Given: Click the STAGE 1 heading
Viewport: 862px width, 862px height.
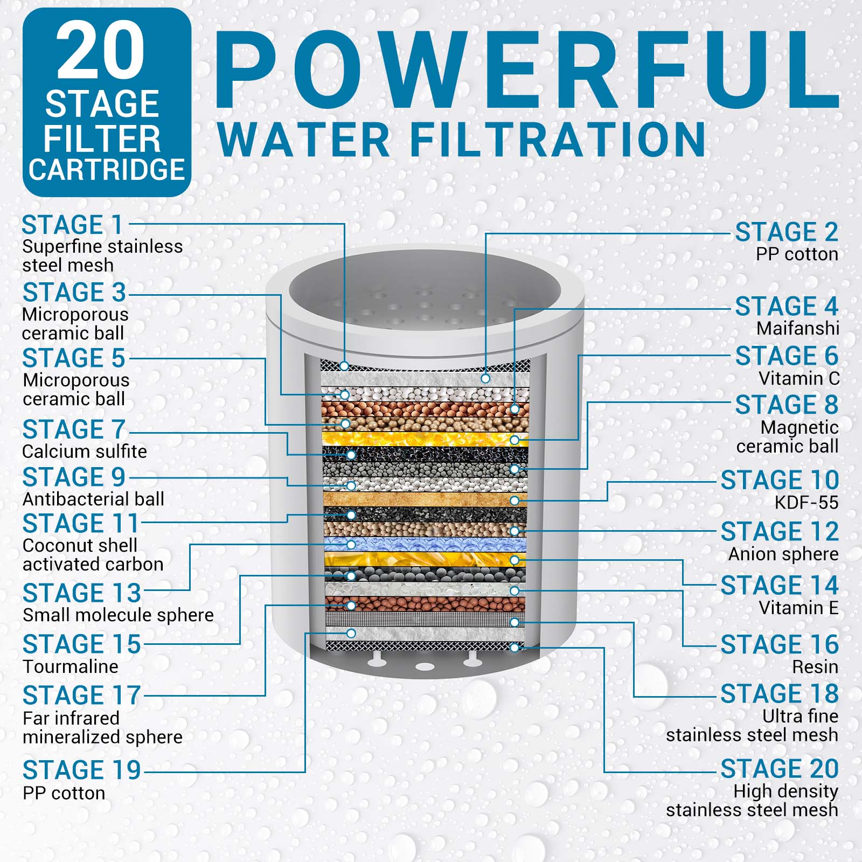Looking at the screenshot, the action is [72, 225].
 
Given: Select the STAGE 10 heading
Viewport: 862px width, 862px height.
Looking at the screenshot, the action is [780, 480].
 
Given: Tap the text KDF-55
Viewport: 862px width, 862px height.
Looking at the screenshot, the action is [807, 503].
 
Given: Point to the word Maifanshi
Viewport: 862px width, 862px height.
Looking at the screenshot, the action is [797, 328].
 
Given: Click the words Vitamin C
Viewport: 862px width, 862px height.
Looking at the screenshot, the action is [799, 379].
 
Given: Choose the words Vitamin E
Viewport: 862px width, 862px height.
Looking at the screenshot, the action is [798, 608].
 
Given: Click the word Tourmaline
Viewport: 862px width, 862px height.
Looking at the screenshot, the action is [71, 666].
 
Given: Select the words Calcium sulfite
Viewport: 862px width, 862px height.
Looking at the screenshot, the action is [85, 451].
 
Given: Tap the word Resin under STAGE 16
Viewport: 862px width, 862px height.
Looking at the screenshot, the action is [815, 667].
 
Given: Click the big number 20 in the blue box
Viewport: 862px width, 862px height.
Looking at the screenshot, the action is [101, 50].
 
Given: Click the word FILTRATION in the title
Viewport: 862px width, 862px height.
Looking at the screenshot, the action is [558, 139].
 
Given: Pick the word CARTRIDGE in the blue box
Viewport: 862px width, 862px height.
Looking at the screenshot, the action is [107, 170].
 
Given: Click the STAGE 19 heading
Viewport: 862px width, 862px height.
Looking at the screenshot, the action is [82, 770].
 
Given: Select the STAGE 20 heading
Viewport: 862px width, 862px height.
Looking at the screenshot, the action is [780, 769].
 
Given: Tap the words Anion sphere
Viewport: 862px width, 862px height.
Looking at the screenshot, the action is [783, 554].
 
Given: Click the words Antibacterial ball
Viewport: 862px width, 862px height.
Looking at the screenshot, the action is [94, 499].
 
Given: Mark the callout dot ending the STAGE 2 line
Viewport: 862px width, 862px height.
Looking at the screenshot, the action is [485, 379].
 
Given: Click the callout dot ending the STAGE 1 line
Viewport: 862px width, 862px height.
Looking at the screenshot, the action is [344, 366].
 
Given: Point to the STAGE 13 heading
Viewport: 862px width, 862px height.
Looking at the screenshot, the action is [82, 594].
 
